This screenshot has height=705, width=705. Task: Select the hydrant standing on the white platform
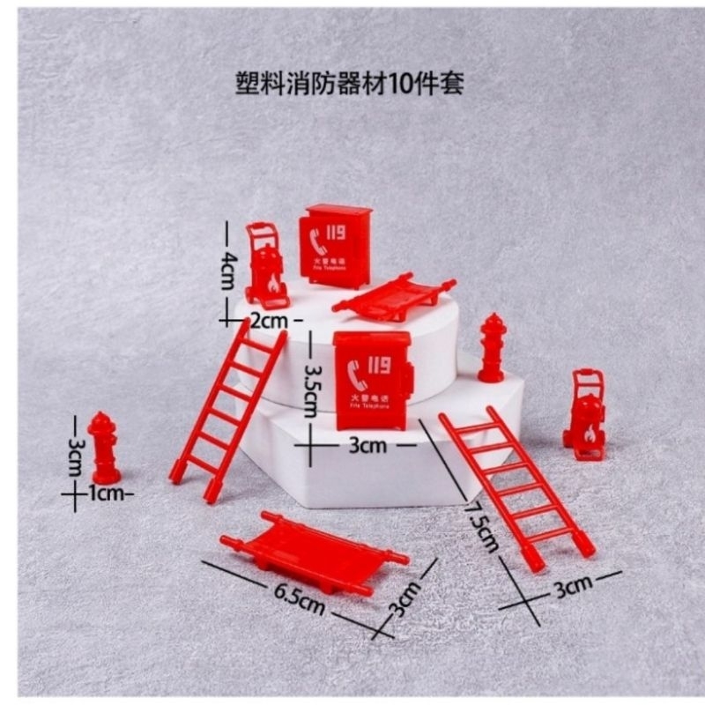pyautogui.click(x=492, y=346)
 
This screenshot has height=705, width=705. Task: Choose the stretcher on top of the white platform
pyautogui.click(x=394, y=295)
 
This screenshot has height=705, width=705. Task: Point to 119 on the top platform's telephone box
pyautogui.click(x=335, y=232)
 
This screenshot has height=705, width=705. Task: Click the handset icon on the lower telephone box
pyautogui.click(x=356, y=374)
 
